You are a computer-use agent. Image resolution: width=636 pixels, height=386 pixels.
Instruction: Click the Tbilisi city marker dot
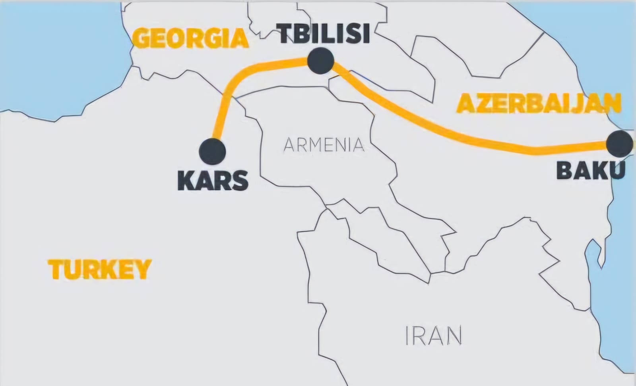320,60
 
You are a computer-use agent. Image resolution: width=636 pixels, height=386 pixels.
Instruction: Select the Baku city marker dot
620,144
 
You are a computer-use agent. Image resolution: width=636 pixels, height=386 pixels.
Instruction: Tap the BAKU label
591,170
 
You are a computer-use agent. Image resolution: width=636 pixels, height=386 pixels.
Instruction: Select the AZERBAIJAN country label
539,104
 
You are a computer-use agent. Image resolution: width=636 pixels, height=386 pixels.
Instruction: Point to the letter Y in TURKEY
142,269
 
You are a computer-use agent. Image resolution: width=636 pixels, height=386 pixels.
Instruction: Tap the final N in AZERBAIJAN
612,104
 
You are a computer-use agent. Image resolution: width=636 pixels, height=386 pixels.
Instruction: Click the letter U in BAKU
617,170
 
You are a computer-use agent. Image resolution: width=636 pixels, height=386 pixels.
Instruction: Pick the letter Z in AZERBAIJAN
481,104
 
